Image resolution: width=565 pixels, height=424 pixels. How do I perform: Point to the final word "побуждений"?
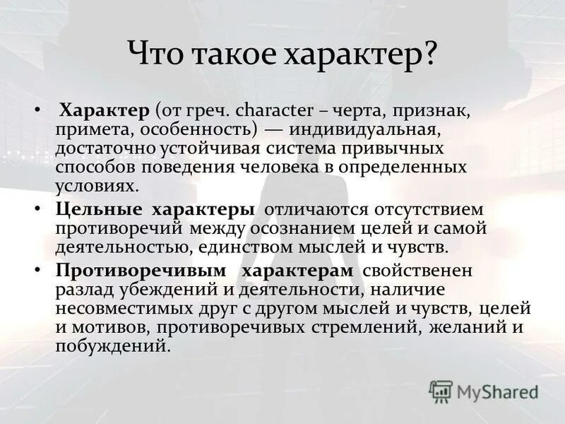click(x=112, y=347)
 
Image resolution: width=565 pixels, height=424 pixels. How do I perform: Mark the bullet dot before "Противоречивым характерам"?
click(x=37, y=271)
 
